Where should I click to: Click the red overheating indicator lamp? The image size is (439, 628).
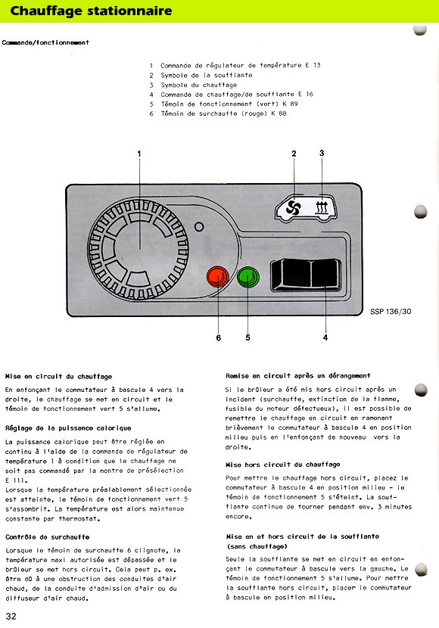click(x=218, y=277)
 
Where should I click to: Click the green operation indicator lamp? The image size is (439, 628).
click(x=248, y=277)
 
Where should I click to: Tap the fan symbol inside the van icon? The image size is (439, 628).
click(x=293, y=208)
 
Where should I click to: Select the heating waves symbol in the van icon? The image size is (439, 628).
click(x=322, y=208)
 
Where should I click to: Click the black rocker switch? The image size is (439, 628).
click(x=306, y=275)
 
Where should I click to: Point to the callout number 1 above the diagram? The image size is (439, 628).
click(x=139, y=154)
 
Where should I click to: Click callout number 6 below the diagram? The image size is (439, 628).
click(x=218, y=337)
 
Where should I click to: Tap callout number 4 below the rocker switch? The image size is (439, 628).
click(x=325, y=337)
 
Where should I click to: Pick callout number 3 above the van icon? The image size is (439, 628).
click(x=322, y=153)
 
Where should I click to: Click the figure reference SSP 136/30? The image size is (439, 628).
click(x=391, y=312)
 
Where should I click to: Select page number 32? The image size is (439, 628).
click(x=11, y=616)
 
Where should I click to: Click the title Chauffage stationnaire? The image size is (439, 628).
click(x=91, y=11)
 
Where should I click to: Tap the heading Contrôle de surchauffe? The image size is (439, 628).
click(x=47, y=537)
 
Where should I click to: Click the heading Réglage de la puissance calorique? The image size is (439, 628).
click(x=68, y=428)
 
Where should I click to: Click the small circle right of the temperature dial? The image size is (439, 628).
click(x=198, y=227)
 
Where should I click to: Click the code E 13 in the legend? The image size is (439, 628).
click(x=313, y=65)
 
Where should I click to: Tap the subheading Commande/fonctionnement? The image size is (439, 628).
click(x=45, y=42)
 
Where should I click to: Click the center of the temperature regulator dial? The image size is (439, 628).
click(x=139, y=249)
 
